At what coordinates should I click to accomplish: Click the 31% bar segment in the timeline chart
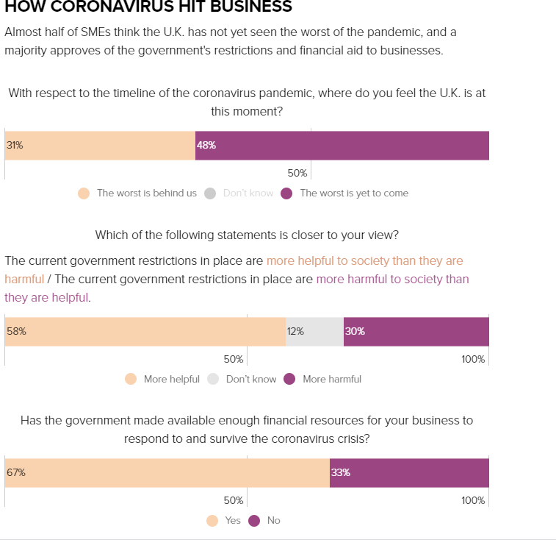click(x=100, y=146)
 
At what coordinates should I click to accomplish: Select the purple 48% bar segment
click(x=342, y=146)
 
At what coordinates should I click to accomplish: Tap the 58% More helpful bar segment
click(x=145, y=332)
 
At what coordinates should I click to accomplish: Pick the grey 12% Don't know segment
click(x=314, y=332)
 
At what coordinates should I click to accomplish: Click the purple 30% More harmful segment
click(x=416, y=332)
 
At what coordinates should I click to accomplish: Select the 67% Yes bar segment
click(x=167, y=473)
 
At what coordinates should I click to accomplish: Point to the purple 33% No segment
click(x=409, y=473)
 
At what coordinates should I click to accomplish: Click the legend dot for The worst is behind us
click(x=84, y=193)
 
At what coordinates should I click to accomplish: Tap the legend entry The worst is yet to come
click(x=353, y=193)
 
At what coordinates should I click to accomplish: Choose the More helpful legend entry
click(x=171, y=380)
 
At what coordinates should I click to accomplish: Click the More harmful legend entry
click(x=331, y=380)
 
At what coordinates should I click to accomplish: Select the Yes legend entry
click(x=232, y=521)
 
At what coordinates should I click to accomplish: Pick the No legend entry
click(x=273, y=521)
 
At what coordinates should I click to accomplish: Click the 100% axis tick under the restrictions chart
click(x=473, y=359)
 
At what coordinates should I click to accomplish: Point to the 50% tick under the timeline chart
click(x=297, y=174)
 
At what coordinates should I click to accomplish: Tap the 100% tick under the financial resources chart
click(x=473, y=500)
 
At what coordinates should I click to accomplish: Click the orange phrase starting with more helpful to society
click(x=364, y=261)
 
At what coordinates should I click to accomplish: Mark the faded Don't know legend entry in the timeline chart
click(x=248, y=193)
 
